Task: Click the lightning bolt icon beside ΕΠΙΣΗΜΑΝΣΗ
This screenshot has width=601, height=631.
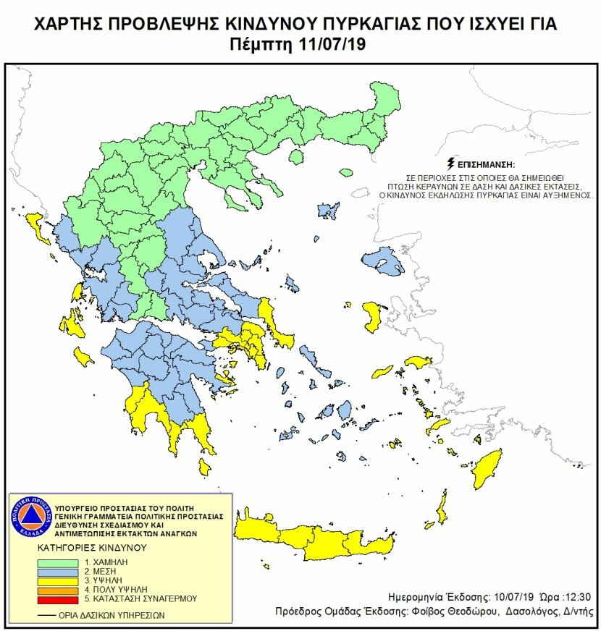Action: point(452,163)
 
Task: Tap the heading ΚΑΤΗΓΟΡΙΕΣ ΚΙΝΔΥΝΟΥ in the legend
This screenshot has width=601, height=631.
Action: point(88,547)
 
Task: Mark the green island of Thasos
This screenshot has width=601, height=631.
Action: point(345,174)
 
